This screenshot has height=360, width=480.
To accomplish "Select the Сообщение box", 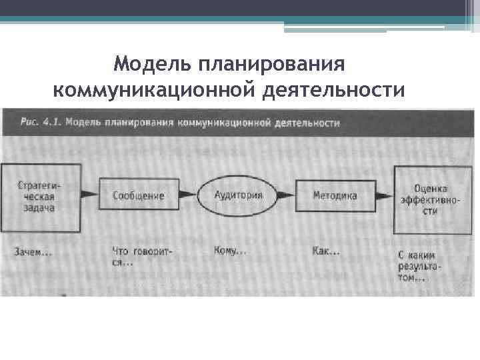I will (138, 196).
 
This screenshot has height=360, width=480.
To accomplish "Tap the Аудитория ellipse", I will (237, 195).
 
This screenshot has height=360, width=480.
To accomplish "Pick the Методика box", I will (335, 196).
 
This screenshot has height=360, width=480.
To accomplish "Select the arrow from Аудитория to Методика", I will (285, 195).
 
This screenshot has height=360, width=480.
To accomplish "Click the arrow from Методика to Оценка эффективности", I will (384, 196).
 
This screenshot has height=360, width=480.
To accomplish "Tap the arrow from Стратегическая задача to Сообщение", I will (90, 196).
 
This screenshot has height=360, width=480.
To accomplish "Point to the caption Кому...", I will (229, 251).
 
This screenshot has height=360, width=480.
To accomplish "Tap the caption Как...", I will (325, 252).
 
